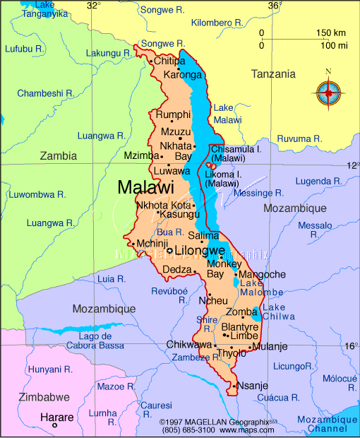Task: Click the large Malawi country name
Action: (x=145, y=188)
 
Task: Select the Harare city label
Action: (x=56, y=418)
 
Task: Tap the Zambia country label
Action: (x=59, y=155)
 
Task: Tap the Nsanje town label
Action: (x=253, y=386)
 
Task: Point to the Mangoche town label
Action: (x=263, y=274)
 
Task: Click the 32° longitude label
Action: (x=93, y=6)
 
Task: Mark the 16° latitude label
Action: (x=352, y=346)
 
